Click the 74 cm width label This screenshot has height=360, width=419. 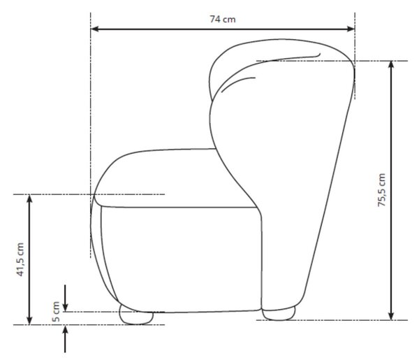pyautogui.click(x=223, y=20)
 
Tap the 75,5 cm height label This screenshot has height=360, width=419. pyautogui.click(x=381, y=190)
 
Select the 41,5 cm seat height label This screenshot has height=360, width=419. pyautogui.click(x=20, y=259)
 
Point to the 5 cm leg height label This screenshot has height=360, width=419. pyautogui.click(x=56, y=311)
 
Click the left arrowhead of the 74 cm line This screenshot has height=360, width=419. pyautogui.click(x=94, y=29)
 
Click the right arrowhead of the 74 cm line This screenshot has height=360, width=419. pyautogui.click(x=351, y=29)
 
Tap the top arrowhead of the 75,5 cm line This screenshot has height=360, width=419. pyautogui.click(x=391, y=65)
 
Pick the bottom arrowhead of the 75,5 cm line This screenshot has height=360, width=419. pyautogui.click(x=391, y=316)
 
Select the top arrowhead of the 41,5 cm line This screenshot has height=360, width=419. pyautogui.click(x=29, y=199)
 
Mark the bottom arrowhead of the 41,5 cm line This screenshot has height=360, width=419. pyautogui.click(x=29, y=321)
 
